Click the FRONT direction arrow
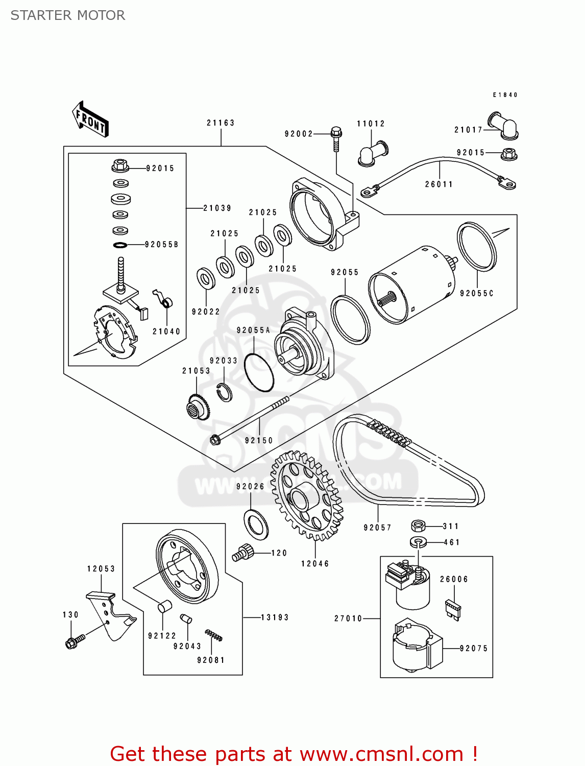(91, 119)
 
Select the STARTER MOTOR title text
(68, 15)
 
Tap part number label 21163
(221, 123)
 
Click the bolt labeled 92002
(335, 137)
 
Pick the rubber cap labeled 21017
(503, 126)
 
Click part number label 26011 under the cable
(439, 184)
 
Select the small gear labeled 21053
(198, 407)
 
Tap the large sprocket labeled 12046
(306, 495)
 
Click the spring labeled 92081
(213, 636)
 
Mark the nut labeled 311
(418, 525)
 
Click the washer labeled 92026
(257, 524)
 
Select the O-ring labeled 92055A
(259, 373)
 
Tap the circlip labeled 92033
(224, 391)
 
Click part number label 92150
(259, 440)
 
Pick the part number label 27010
(348, 618)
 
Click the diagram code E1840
(505, 95)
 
